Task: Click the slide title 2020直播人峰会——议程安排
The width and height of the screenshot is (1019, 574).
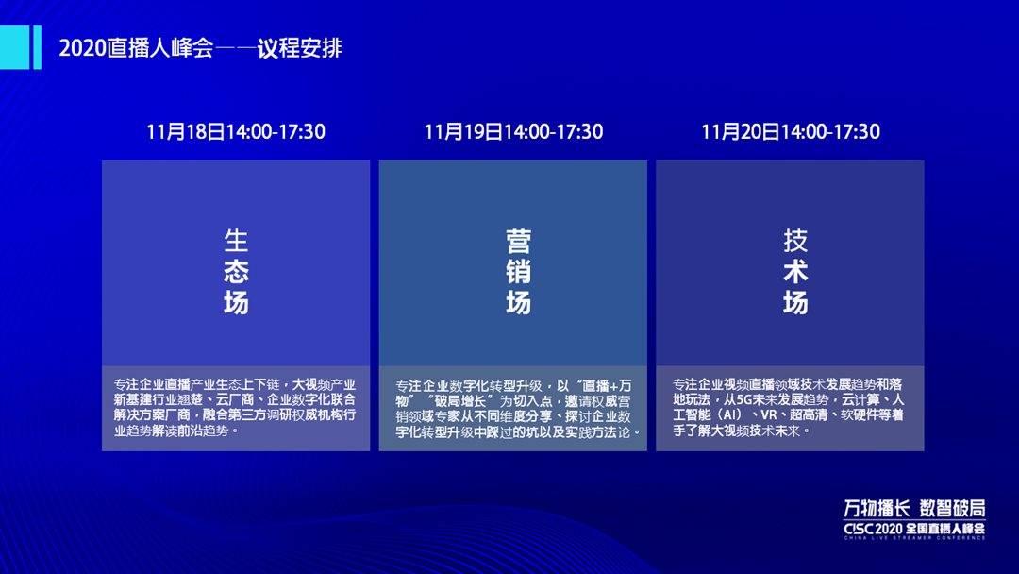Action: point(200,48)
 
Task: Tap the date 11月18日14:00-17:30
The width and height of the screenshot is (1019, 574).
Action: point(236,132)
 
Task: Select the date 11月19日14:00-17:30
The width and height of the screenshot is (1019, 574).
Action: point(513,132)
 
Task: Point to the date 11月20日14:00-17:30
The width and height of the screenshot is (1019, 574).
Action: point(791,132)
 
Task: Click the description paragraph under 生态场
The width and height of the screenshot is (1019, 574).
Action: point(236,408)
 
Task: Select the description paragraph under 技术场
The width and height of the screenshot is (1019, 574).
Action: point(791,408)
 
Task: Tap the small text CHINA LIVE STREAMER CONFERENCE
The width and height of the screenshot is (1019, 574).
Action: point(914,537)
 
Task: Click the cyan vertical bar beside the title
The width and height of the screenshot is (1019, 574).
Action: point(37,48)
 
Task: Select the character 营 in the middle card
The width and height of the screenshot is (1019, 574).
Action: point(518,241)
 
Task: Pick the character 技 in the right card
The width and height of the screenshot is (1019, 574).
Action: point(795,241)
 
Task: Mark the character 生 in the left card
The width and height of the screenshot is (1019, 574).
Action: point(236,241)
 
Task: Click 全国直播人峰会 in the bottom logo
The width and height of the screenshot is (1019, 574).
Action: point(945,527)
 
